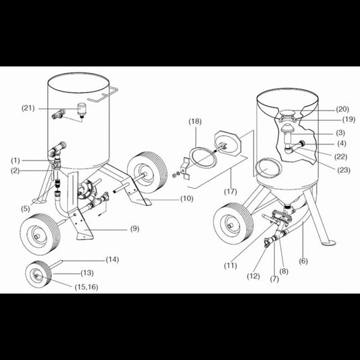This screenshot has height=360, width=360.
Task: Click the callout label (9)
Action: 134,228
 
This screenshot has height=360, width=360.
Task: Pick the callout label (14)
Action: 112,259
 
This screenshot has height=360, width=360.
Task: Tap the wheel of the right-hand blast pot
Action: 230,225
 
